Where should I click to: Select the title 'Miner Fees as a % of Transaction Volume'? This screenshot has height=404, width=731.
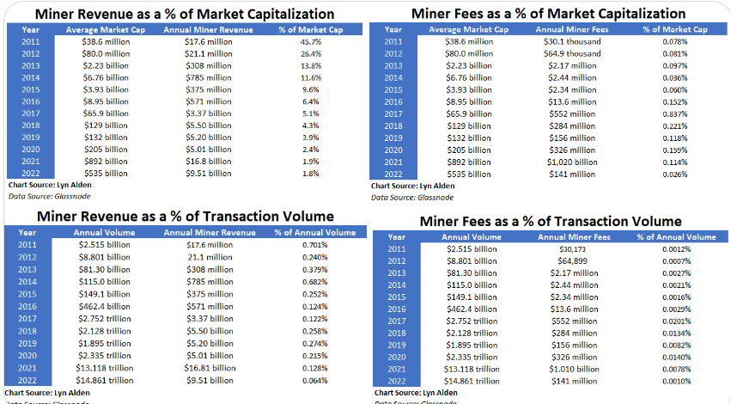551,222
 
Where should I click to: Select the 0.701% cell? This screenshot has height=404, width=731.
314,245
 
